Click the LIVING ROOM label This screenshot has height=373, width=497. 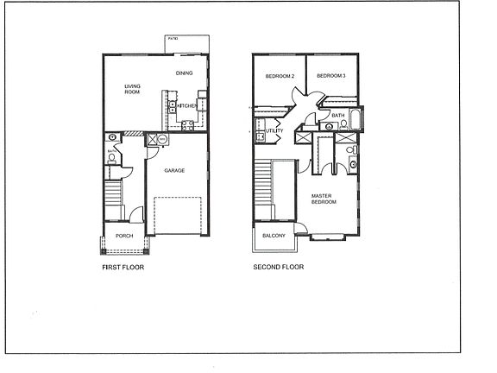pyautogui.click(x=133, y=88)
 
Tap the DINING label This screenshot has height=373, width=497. pyautogui.click(x=184, y=73)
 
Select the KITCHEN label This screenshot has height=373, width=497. pyautogui.click(x=186, y=105)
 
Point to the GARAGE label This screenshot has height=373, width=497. pyautogui.click(x=175, y=171)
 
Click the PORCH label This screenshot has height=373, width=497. pyautogui.click(x=124, y=236)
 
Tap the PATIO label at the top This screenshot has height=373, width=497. pyautogui.click(x=173, y=40)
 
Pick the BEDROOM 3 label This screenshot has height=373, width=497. pyautogui.click(x=330, y=76)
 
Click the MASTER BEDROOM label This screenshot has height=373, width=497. pyautogui.click(x=324, y=199)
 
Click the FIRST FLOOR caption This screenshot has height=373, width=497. pyautogui.click(x=123, y=268)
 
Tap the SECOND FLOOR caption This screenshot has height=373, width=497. pyautogui.click(x=278, y=268)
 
